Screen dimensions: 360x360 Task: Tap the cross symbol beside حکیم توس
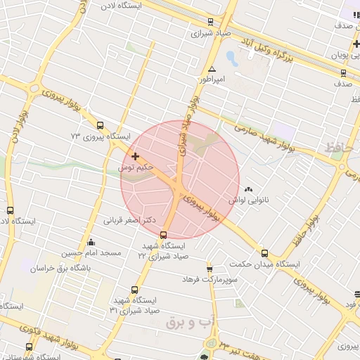(135, 155)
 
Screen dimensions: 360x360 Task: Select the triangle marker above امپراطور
(212, 69)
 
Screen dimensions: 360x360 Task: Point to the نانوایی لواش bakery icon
(248, 189)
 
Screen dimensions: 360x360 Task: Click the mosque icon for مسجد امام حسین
(91, 243)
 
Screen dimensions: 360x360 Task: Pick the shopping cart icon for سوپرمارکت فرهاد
(210, 269)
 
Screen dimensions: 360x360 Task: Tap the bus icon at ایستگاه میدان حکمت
(264, 253)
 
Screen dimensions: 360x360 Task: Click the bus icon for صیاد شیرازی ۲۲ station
(164, 235)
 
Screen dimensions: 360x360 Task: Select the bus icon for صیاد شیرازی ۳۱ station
(134, 289)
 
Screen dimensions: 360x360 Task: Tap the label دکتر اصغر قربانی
(129, 221)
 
